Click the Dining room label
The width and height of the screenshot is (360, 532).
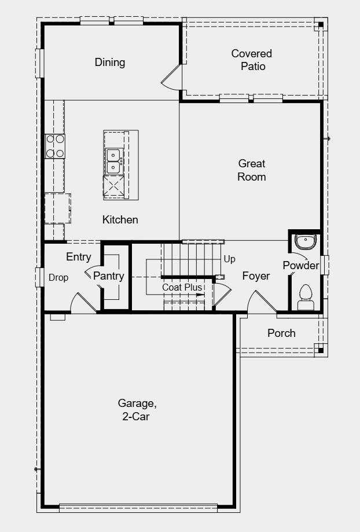click(110, 62)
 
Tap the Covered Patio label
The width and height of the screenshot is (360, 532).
click(252, 60)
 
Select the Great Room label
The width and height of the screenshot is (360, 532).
click(252, 170)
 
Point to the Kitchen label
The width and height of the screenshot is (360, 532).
click(120, 219)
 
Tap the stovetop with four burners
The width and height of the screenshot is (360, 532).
click(55, 146)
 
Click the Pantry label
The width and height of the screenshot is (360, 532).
click(109, 276)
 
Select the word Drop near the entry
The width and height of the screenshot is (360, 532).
click(58, 278)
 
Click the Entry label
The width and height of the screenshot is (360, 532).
click(79, 257)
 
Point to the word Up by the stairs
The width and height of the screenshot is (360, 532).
click(229, 259)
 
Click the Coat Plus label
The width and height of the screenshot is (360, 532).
click(182, 287)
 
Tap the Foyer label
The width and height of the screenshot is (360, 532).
click(256, 276)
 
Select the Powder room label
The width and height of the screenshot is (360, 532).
click(301, 265)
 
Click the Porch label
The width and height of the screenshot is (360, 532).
click(281, 333)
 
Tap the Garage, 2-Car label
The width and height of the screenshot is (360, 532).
click(137, 409)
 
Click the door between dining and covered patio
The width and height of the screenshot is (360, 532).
click(172, 79)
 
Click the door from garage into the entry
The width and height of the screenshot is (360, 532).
click(83, 303)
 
